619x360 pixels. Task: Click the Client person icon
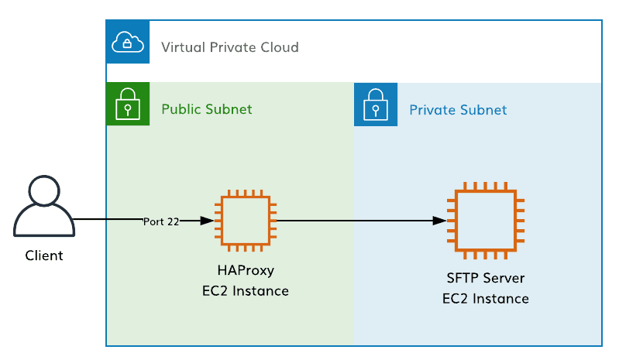(x=44, y=207)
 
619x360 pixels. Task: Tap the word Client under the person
(x=44, y=255)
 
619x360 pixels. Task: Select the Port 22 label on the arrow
(x=161, y=221)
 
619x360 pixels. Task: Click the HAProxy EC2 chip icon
(x=245, y=221)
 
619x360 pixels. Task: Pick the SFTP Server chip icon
(x=486, y=221)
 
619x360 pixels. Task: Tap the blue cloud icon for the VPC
(x=126, y=42)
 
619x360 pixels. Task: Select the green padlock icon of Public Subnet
(x=126, y=105)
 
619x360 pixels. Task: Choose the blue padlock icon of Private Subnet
(x=375, y=105)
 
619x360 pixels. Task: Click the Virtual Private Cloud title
(x=229, y=48)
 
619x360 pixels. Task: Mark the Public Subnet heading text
(x=206, y=109)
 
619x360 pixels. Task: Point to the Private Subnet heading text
(x=458, y=110)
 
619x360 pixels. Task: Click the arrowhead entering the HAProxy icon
(x=207, y=221)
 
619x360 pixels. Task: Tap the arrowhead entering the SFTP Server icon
(x=439, y=221)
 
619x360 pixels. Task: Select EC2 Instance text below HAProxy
(x=245, y=291)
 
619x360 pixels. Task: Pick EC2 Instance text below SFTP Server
(x=486, y=299)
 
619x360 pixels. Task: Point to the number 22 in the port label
(x=173, y=221)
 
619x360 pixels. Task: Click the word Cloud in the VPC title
(x=280, y=48)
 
